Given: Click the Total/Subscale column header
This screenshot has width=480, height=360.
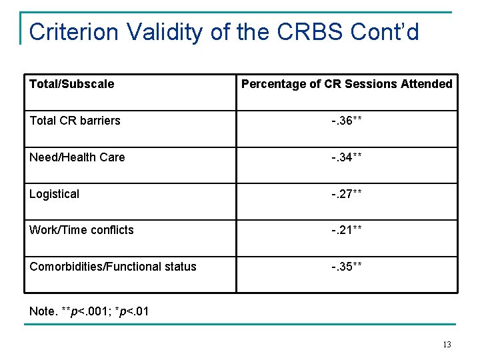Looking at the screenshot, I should tap(71, 84).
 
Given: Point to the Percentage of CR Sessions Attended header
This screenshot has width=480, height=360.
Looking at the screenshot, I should tap(347, 84).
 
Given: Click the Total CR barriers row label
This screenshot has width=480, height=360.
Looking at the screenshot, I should tap(75, 121).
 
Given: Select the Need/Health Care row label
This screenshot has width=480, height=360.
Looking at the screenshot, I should tap(77, 157).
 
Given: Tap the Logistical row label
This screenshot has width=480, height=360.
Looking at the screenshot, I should tap(54, 194).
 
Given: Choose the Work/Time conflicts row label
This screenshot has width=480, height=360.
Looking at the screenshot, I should tap(81, 230).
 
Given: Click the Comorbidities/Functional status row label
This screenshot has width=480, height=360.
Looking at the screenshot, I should tap(113, 267).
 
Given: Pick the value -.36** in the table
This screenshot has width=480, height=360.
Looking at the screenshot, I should tap(347, 121).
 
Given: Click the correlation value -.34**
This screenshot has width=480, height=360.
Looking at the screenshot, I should tap(347, 157).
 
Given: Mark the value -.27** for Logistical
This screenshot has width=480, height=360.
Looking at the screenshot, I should tap(347, 194).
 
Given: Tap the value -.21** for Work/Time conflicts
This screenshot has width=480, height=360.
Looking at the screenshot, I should tap(347, 230).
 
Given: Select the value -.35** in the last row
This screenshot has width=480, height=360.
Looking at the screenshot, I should tap(347, 267).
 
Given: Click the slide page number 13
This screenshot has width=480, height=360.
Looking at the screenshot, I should tap(446, 345).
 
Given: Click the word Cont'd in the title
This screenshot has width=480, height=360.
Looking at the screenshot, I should tap(389, 31).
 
